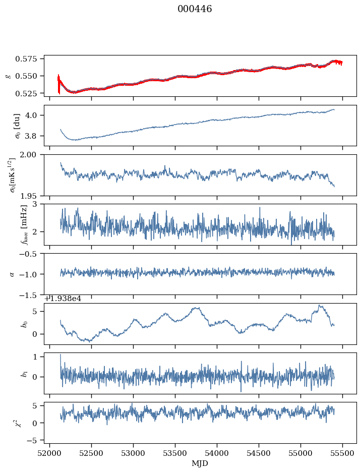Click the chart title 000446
(x=195, y=9)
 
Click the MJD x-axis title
(x=200, y=463)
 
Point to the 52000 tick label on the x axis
(x=49, y=453)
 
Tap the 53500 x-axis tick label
(x=175, y=453)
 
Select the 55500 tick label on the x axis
(x=343, y=453)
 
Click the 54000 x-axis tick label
(x=217, y=453)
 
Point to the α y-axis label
(x=11, y=274)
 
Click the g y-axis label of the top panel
(x=8, y=76)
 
